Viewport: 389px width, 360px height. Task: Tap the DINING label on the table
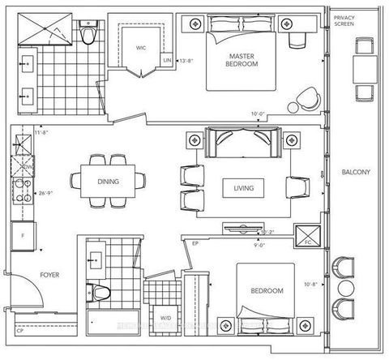(x=108, y=182)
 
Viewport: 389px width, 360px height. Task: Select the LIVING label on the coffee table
(x=242, y=188)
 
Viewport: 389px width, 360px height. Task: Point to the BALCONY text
(x=355, y=172)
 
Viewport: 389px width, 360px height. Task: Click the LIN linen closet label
(x=167, y=60)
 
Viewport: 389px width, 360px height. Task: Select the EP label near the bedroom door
(x=195, y=242)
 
